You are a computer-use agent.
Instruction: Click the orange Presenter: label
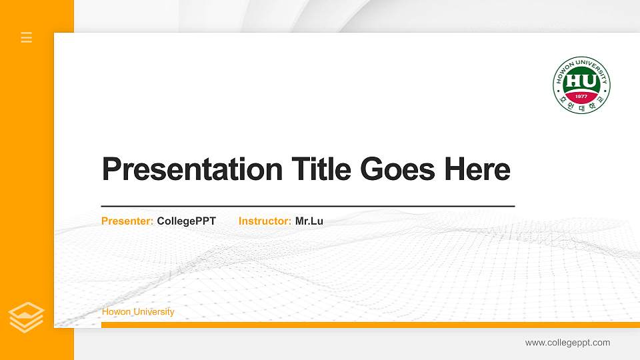[127, 221]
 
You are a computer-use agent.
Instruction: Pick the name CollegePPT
[186, 221]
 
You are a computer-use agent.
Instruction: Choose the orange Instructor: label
[265, 221]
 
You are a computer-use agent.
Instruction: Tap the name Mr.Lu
[309, 221]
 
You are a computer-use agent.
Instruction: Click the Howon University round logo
[581, 85]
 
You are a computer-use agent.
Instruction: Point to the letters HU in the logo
[581, 81]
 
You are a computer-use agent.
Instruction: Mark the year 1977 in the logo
[581, 96]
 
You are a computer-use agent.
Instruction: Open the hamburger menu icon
[27, 37]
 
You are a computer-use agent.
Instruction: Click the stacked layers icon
[26, 317]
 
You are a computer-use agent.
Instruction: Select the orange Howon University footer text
[138, 312]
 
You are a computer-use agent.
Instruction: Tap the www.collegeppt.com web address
[567, 343]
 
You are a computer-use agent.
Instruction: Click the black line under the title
[307, 206]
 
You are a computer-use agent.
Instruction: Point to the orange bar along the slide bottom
[367, 325]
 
